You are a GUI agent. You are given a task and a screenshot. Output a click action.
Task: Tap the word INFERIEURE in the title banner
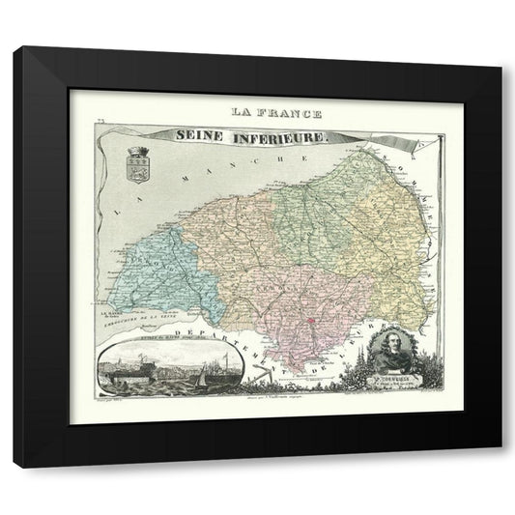tap(280, 139)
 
